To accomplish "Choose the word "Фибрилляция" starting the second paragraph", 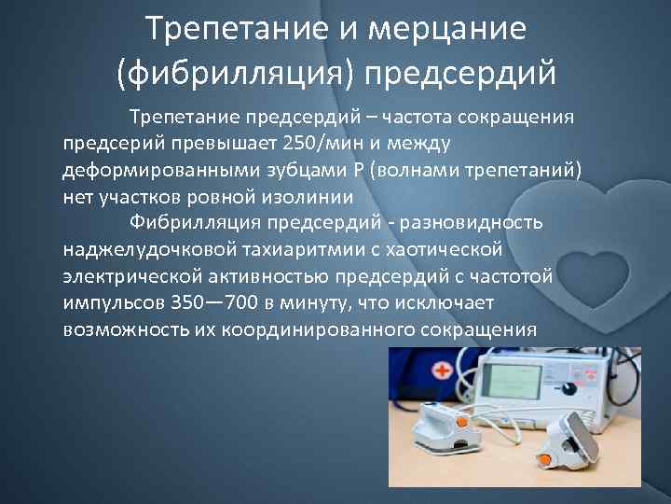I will tap(194, 223).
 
